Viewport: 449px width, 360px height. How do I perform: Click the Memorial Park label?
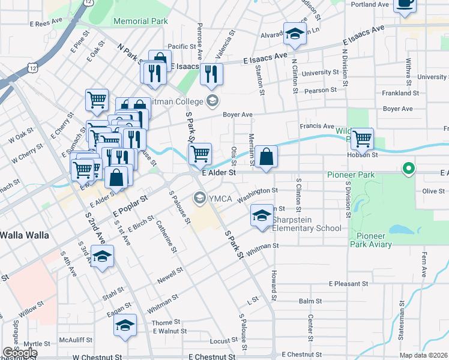pyautogui.click(x=140, y=21)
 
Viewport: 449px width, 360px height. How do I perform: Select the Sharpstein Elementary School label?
pyautogui.click(x=307, y=224)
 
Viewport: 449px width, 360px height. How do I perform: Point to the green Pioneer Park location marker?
pyautogui.click(x=409, y=169)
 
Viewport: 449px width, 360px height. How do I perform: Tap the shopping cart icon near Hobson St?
pyautogui.click(x=362, y=139)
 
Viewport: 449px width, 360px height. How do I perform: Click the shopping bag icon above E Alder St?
pyautogui.click(x=266, y=157)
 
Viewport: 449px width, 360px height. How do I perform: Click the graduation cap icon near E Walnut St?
pyautogui.click(x=125, y=326)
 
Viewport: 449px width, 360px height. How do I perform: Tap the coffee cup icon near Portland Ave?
pyautogui.click(x=405, y=3)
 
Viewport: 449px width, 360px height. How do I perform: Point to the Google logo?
pyautogui.click(x=19, y=353)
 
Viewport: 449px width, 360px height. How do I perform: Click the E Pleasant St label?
pyautogui.click(x=348, y=283)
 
